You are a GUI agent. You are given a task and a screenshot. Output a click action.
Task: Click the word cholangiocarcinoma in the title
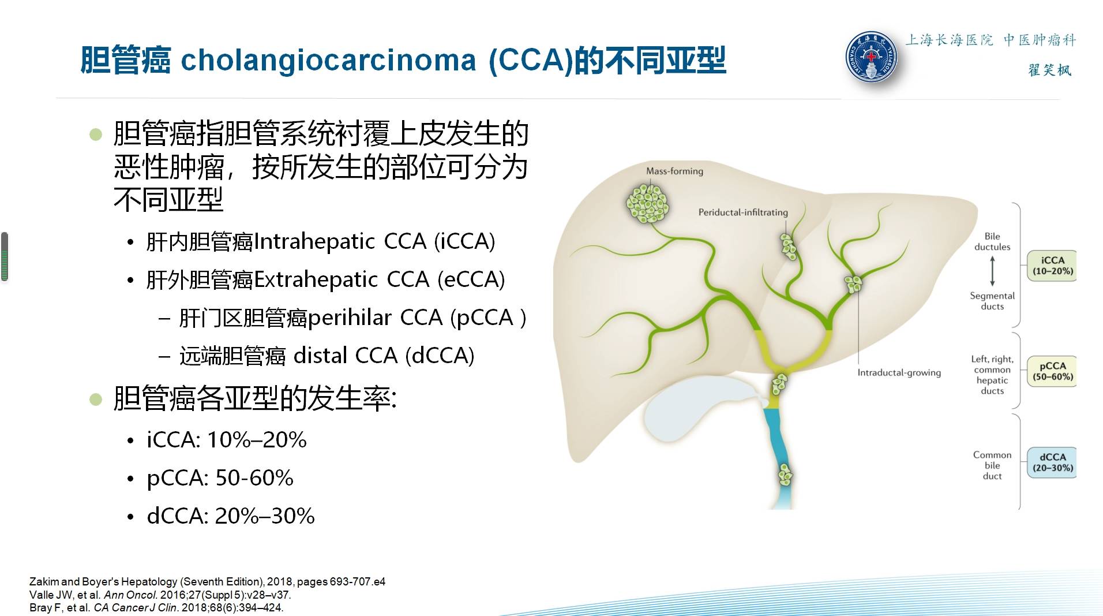tap(328, 60)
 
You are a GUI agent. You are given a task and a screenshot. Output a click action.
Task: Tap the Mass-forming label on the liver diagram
tap(674, 171)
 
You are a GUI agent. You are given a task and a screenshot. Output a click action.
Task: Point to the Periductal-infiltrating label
tap(743, 212)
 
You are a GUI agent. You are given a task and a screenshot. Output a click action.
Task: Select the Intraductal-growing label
tap(899, 373)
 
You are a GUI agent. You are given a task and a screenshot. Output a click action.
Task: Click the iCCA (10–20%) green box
tap(1052, 266)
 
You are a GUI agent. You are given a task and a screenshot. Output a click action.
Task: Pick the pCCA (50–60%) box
tap(1052, 371)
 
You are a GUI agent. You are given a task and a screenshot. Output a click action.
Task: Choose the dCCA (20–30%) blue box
tap(1052, 462)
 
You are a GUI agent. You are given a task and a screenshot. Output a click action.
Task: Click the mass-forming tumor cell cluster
tap(647, 204)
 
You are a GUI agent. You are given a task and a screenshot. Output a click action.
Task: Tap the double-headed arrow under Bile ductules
tap(992, 271)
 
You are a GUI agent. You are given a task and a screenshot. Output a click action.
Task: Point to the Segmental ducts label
tap(992, 301)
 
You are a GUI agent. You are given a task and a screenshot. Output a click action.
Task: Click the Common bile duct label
tap(992, 465)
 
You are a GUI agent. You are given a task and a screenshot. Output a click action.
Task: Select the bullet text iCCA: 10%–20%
tap(227, 440)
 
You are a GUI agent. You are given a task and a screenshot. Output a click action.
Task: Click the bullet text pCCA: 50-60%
tap(220, 478)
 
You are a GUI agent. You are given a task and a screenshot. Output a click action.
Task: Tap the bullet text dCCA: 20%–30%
tap(231, 516)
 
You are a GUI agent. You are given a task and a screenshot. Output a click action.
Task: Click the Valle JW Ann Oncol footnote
tap(160, 595)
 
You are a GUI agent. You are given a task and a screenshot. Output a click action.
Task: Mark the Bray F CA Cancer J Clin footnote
tap(156, 607)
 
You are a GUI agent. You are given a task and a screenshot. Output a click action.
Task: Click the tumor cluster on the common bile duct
tap(785, 475)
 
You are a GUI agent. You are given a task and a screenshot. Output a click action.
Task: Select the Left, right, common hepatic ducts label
tap(992, 375)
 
